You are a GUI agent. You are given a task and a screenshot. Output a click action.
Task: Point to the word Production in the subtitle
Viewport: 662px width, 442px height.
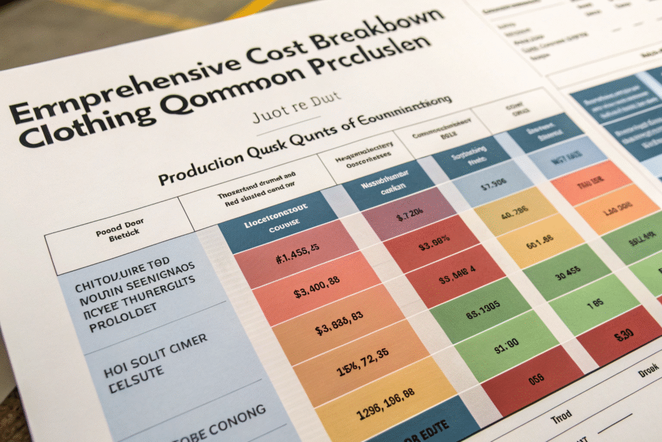200,166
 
